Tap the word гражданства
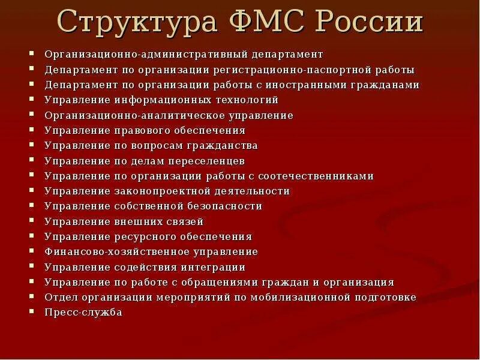223,146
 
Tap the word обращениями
226,283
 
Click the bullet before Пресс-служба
31,312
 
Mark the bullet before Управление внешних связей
31,221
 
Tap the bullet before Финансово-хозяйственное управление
31,251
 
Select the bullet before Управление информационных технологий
31,100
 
